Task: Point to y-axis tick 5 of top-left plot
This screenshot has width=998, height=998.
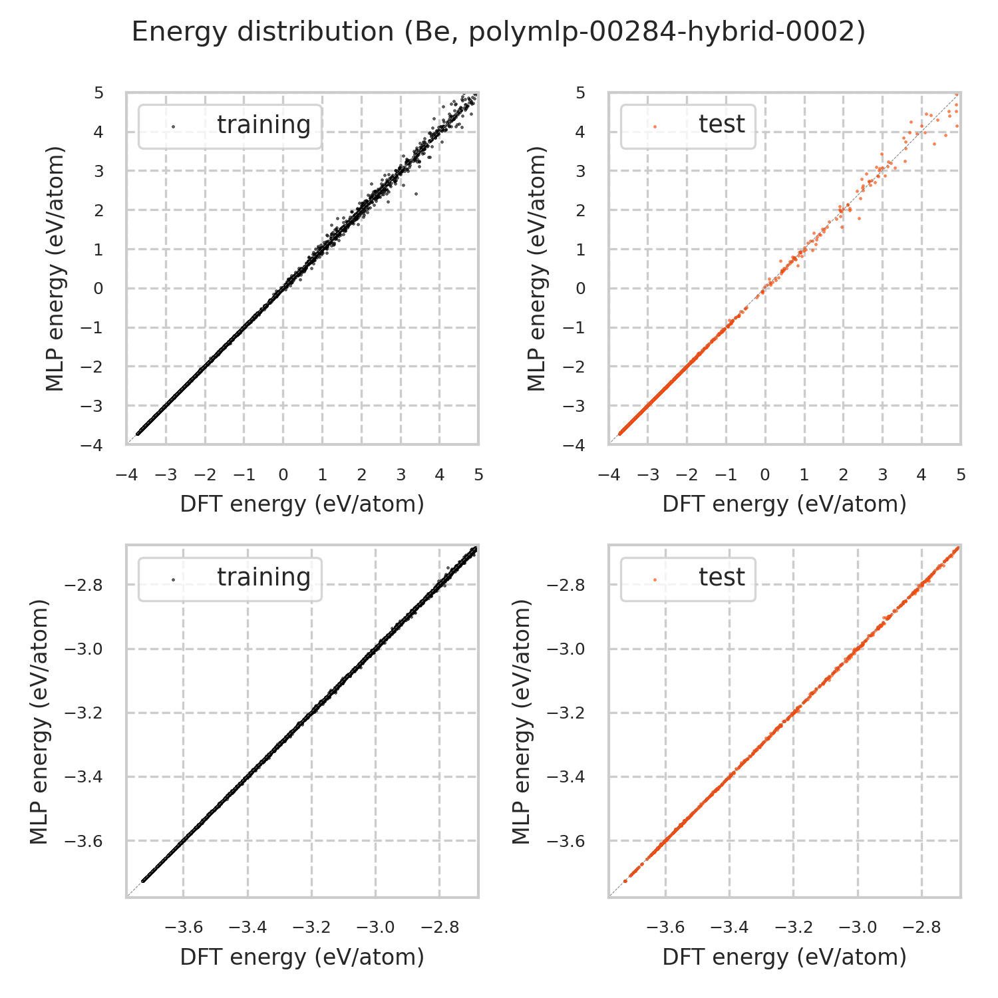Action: click(98, 92)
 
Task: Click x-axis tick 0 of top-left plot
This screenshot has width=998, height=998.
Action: click(283, 475)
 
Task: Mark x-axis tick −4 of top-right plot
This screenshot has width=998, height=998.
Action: click(606, 475)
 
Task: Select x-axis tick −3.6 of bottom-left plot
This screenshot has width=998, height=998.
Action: click(184, 927)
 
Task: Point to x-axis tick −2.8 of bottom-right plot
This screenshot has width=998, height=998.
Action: click(921, 927)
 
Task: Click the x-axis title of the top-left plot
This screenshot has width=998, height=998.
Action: click(302, 504)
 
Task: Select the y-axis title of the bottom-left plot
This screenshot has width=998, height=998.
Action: click(40, 721)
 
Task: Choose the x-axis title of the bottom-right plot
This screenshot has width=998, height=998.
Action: click(784, 957)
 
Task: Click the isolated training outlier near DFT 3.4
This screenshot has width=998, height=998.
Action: click(416, 194)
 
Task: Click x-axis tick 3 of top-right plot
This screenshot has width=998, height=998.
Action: click(882, 475)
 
